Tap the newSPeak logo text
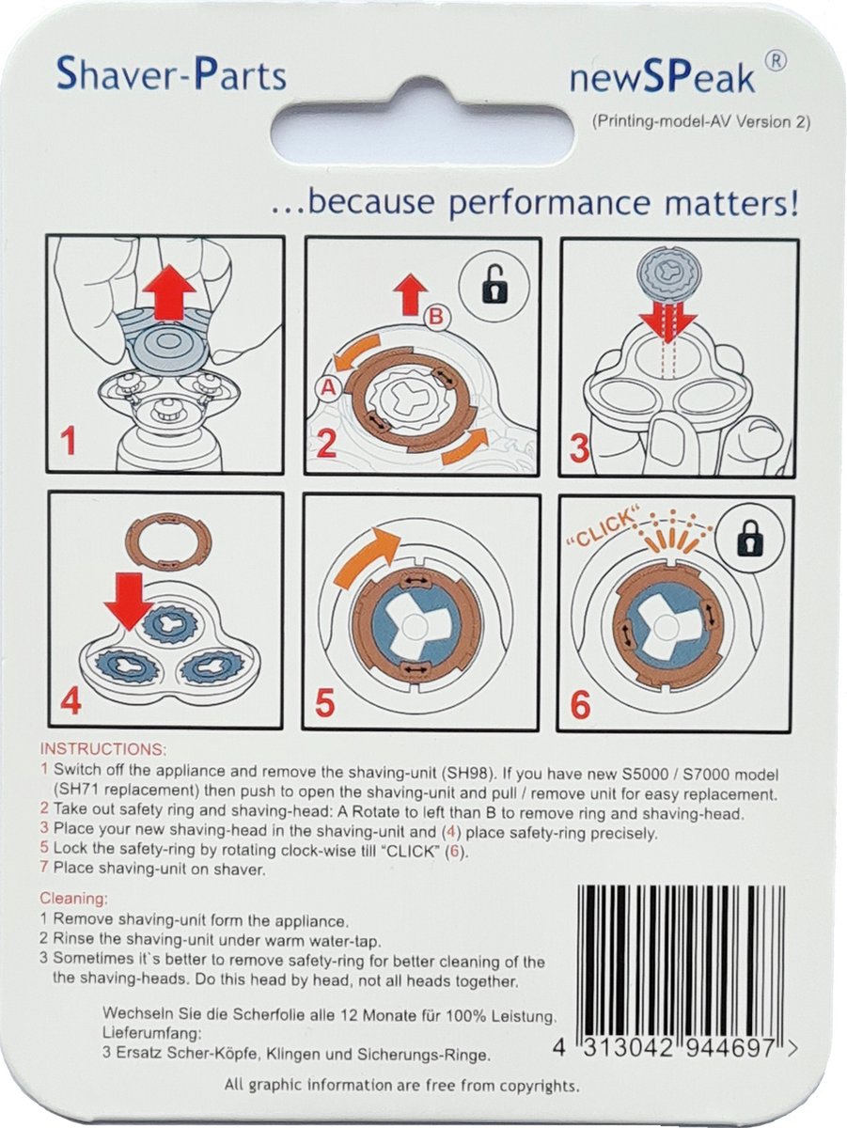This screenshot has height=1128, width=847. click(662, 79)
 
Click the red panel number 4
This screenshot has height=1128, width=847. click(70, 703)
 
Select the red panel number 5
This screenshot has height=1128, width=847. click(325, 703)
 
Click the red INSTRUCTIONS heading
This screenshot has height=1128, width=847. click(102, 750)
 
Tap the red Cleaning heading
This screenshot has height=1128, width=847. click(73, 899)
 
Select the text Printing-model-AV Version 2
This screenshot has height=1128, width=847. click(700, 122)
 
